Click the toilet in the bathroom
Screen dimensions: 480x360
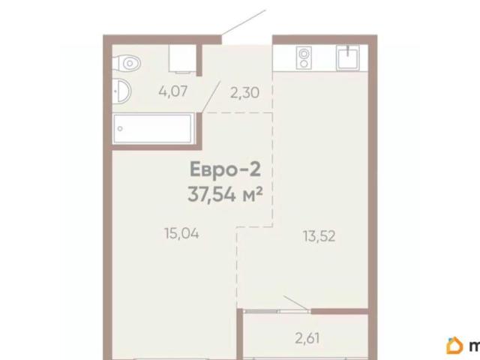[126, 63]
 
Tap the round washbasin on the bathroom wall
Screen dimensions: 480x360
[121, 91]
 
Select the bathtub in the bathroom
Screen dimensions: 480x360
[153, 128]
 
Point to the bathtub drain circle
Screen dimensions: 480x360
[120, 129]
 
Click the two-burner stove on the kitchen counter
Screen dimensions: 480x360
[304, 58]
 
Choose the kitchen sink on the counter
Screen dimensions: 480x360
[348, 58]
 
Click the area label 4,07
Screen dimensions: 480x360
[173, 91]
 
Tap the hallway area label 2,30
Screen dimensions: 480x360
[244, 93]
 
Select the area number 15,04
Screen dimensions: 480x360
[181, 234]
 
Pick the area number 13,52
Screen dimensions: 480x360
[319, 236]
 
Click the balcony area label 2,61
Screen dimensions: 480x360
[307, 338]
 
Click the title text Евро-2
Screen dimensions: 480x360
[225, 170]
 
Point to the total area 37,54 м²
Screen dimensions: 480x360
[225, 194]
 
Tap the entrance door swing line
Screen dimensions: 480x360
[243, 22]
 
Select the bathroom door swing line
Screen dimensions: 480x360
[211, 97]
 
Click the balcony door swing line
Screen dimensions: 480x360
[295, 303]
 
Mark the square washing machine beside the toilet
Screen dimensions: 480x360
[182, 58]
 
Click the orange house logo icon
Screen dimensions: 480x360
[455, 345]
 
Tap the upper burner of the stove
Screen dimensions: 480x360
[304, 53]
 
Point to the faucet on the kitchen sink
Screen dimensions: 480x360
[348, 50]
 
